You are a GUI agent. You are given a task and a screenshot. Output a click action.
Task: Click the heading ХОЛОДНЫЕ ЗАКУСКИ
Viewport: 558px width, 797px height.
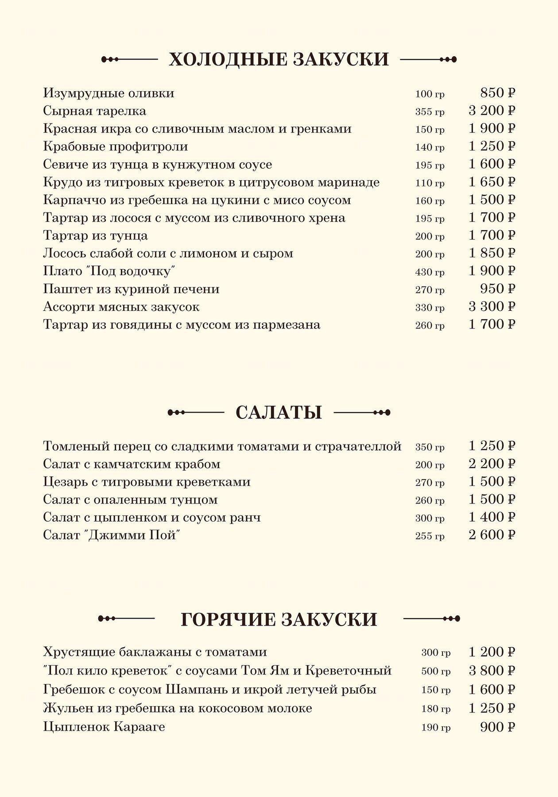(x=279, y=59)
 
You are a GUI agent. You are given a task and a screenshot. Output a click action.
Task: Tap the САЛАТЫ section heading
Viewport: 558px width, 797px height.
(x=279, y=413)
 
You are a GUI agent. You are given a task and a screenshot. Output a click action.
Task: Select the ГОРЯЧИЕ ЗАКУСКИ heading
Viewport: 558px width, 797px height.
(x=279, y=619)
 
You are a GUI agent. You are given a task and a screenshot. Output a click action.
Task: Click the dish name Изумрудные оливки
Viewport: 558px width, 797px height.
(x=108, y=93)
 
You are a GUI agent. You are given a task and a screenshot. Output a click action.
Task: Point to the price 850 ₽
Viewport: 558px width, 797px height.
(x=498, y=93)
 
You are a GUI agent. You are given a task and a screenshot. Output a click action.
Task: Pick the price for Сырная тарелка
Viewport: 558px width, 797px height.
(x=492, y=111)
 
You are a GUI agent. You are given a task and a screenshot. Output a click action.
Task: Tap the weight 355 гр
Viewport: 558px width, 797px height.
(x=430, y=112)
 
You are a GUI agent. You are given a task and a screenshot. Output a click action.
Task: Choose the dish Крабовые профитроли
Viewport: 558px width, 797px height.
(x=116, y=147)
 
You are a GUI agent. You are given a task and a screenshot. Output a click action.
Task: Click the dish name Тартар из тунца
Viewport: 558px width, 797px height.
(x=95, y=236)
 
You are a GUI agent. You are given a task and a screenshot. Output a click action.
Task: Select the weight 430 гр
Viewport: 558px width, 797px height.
(x=430, y=272)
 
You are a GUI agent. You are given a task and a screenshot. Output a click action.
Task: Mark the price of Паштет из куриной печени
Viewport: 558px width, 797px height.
(x=498, y=289)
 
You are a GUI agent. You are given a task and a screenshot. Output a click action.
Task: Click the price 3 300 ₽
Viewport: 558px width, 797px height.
(x=492, y=307)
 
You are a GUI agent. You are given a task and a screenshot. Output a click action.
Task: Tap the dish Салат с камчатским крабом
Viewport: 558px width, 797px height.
(x=132, y=464)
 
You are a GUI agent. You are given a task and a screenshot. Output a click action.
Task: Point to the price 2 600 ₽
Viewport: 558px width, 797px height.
(x=492, y=535)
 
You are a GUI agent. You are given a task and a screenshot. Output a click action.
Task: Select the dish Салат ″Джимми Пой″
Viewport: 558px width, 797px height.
(x=112, y=535)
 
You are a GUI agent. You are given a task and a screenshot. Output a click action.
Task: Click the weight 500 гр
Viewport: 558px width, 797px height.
(x=436, y=671)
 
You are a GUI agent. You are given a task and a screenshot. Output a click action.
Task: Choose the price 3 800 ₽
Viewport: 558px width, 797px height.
(x=492, y=670)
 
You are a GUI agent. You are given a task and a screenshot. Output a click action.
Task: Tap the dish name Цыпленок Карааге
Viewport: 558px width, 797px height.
(x=104, y=727)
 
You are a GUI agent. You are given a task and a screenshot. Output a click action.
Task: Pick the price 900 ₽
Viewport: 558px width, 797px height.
(x=498, y=727)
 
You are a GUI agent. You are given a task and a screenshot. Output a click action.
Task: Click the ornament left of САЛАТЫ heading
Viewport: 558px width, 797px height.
(x=195, y=413)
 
